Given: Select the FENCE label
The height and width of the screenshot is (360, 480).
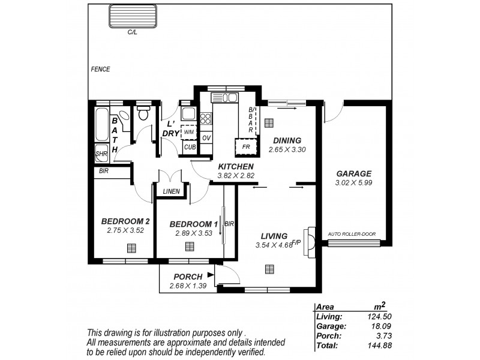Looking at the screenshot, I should tap(100, 69).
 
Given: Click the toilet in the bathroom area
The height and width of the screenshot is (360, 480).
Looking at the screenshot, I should tap(143, 113).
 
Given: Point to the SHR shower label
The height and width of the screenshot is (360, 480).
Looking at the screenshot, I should tap(101, 154).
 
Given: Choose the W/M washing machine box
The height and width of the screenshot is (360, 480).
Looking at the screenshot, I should tap(189, 132).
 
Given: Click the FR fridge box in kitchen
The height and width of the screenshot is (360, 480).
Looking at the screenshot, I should tap(245, 146).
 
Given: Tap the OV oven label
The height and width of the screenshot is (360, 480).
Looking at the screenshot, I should tap(206, 138).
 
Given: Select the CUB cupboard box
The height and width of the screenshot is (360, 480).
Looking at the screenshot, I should tap(190, 147).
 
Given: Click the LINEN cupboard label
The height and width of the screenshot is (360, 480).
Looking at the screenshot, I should tap(172, 191).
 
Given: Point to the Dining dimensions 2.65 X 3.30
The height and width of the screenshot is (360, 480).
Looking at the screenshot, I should tap(286, 149).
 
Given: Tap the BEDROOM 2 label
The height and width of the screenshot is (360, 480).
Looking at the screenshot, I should tap(125, 221).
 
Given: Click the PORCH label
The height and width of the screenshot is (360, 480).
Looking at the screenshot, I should tap(188, 277).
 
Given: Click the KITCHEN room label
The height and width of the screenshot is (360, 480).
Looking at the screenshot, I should tap(236, 166).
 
